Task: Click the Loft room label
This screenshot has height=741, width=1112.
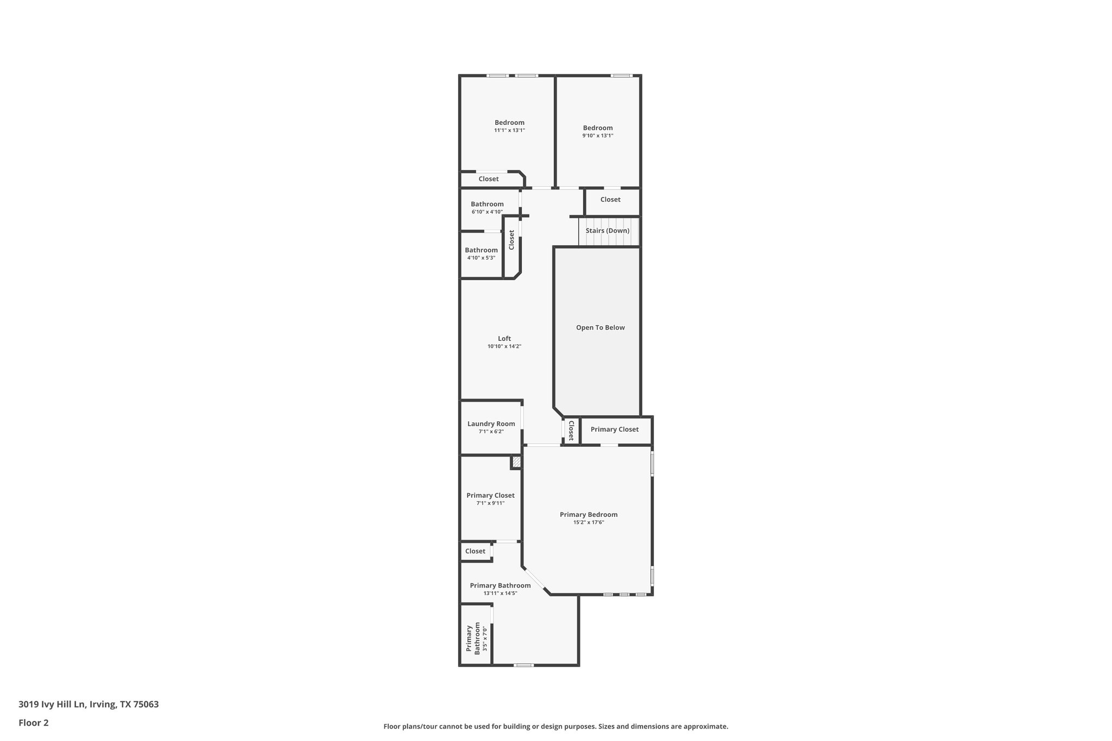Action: (504, 339)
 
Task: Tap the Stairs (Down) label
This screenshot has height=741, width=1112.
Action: (608, 231)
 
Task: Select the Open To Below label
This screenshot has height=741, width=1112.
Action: (600, 328)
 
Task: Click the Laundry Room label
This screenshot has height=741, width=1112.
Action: (491, 424)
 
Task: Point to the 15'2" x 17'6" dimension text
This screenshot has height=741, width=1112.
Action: (589, 523)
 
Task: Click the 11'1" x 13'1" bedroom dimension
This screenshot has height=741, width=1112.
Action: (509, 130)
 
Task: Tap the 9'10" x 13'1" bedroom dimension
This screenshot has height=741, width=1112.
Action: (598, 136)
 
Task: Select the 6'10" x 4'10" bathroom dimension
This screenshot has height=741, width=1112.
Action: (487, 212)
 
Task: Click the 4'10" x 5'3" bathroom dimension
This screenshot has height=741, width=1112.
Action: (481, 258)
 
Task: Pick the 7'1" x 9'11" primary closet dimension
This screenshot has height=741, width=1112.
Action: (490, 503)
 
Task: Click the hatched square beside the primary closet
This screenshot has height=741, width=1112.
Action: (516, 463)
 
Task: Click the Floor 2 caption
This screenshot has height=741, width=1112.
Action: (34, 723)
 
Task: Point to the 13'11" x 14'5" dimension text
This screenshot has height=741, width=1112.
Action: (500, 593)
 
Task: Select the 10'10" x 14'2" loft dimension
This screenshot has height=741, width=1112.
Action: (504, 346)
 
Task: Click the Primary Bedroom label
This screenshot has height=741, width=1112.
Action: (589, 515)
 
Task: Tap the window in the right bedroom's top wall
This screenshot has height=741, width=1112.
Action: (621, 75)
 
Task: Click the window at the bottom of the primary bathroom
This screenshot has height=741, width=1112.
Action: (523, 665)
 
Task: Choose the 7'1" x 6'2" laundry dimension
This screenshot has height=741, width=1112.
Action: (491, 432)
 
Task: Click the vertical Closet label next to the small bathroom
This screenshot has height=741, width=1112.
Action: (511, 240)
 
